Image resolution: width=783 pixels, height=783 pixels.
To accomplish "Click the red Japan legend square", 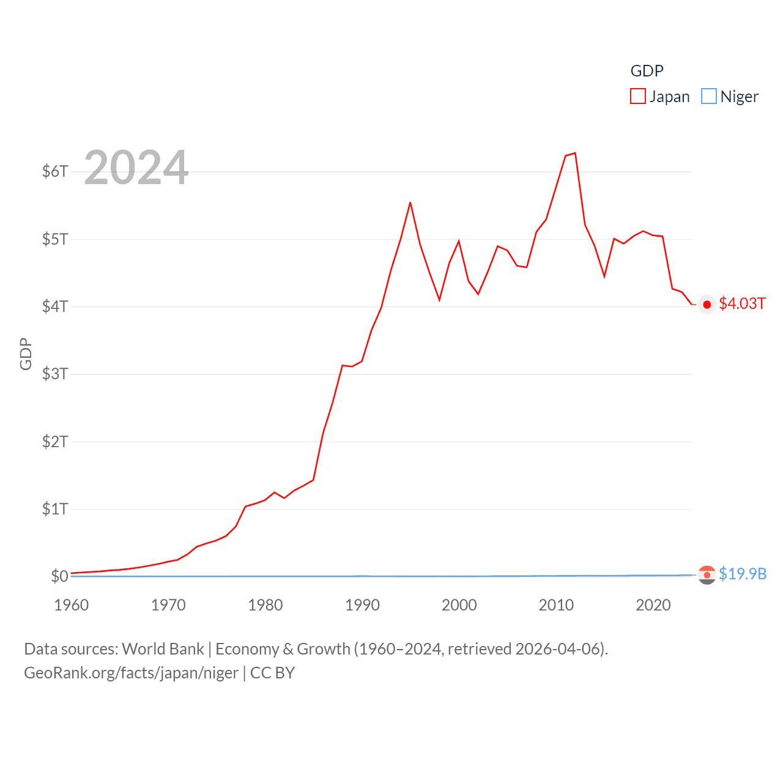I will point(638,97).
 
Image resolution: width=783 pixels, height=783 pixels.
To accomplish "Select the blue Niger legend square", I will point(708,97).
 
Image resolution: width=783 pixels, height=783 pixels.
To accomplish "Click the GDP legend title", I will point(647,71).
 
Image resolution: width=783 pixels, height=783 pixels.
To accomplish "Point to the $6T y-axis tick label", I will point(55,171).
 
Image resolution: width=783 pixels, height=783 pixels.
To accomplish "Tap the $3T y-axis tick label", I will point(55,374).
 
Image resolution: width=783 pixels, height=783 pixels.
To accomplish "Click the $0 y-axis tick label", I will point(59,576).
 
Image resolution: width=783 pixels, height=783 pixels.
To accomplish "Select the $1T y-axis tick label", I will point(55,509).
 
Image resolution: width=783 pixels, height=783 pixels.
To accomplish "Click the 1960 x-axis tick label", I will point(72,605).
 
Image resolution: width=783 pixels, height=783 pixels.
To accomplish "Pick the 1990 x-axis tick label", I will point(362,605).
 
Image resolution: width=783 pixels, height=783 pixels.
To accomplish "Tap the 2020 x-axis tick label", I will point(653,605).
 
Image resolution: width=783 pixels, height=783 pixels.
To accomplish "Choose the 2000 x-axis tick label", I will point(459,605).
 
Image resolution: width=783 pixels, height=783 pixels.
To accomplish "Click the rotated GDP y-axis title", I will point(26,354).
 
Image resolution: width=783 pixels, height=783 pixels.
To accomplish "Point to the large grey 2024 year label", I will point(136,168).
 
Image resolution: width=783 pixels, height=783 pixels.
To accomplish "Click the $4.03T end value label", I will point(742,304).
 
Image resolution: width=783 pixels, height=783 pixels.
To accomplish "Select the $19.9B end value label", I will point(743,574).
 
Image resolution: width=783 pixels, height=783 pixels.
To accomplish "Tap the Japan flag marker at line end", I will point(707,305).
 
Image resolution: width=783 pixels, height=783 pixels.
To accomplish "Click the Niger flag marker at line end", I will point(707,575).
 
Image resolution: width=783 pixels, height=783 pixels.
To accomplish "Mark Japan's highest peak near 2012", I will point(575,153).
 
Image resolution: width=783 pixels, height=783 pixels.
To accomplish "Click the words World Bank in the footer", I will point(163,649).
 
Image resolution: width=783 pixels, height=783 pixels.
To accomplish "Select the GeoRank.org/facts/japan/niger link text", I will point(131,673).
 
